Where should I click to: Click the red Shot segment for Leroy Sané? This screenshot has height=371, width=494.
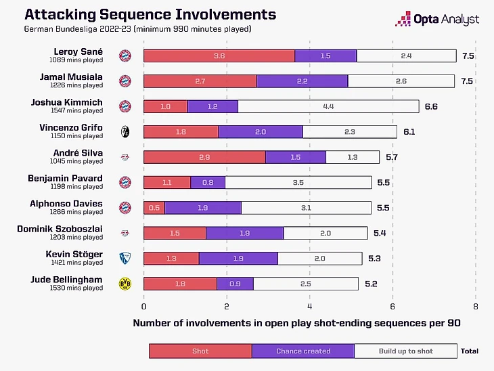point(219,56)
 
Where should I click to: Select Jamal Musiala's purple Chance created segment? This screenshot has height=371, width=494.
point(302,81)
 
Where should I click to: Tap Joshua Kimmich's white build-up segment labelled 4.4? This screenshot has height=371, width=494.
point(328,106)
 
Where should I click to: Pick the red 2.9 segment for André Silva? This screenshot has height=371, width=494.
point(204,157)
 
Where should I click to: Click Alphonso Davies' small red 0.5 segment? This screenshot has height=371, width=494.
point(154,208)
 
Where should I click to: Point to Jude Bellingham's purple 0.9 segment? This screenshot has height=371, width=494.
point(235,283)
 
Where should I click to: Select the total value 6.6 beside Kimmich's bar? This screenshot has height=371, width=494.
point(431,106)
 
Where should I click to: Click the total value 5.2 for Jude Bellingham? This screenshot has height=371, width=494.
point(370,283)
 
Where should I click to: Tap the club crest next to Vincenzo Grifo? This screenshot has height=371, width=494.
point(125,131)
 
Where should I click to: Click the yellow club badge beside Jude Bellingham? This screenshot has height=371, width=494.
point(125,283)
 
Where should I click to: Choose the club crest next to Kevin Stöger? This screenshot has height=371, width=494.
point(125,258)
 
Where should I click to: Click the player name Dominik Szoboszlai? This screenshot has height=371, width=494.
point(60,229)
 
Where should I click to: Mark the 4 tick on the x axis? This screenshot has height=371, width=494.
point(309,306)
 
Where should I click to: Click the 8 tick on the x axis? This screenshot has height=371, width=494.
point(475,306)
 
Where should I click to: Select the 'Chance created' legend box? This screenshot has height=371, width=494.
point(302,351)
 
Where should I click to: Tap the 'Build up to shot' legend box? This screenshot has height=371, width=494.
point(405,351)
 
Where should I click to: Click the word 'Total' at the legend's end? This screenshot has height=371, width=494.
point(470,351)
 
